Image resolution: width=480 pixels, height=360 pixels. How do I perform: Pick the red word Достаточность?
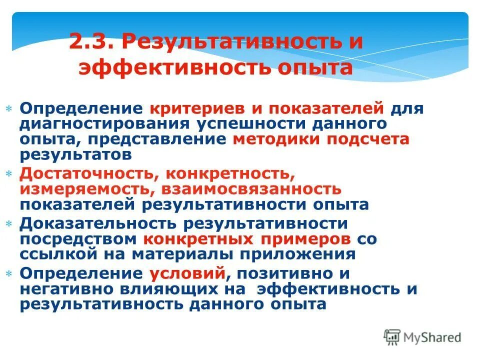89,173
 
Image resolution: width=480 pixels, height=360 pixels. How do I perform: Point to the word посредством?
79,238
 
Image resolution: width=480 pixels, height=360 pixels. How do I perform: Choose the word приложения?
299,254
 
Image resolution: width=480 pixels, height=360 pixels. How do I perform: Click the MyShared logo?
422,337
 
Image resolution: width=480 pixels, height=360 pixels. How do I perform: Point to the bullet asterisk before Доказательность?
9,223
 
